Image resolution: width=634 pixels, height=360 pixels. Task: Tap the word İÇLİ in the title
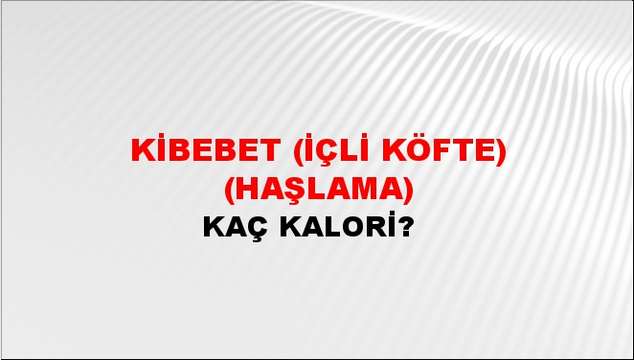coord(326,152)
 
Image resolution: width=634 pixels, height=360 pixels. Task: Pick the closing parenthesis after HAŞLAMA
coord(409,191)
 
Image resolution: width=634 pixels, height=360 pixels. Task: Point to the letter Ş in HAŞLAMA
coord(288,191)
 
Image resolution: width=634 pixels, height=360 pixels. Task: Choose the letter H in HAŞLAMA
coord(244,191)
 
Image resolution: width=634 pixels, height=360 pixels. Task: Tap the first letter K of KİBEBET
coord(141,152)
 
